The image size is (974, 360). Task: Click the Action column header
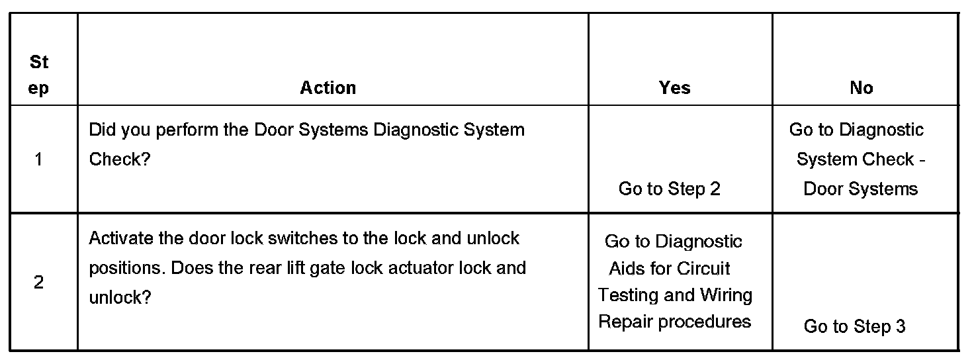(x=328, y=88)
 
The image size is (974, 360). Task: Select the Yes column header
(x=674, y=88)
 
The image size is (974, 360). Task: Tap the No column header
(x=861, y=88)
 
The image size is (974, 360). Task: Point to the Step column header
(x=39, y=75)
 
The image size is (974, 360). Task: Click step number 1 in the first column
(x=39, y=159)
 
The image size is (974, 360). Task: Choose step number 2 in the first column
(x=39, y=283)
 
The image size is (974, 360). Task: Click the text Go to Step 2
(x=669, y=189)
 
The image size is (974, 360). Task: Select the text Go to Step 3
(x=854, y=326)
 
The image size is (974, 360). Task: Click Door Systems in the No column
(x=860, y=189)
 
